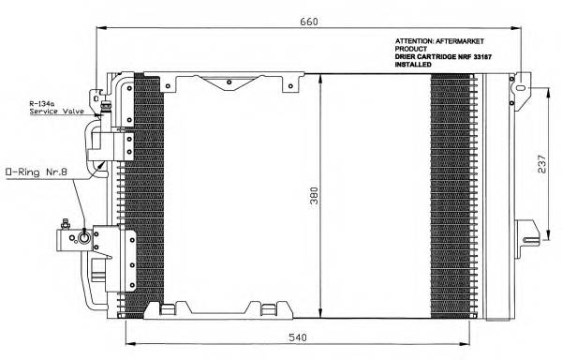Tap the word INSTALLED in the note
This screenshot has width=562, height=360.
coord(413,66)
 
